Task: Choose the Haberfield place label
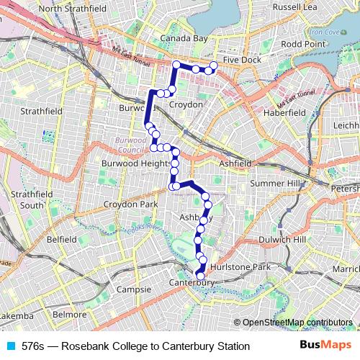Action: pos(285,113)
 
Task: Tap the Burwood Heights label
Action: pos(138,163)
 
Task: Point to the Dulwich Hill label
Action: pos(302,238)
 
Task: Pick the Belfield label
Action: pos(61,238)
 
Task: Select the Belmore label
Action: pos(71,315)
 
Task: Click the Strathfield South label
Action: pos(32,199)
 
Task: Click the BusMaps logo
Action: pos(327,346)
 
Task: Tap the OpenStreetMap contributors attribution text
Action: pos(297,322)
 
